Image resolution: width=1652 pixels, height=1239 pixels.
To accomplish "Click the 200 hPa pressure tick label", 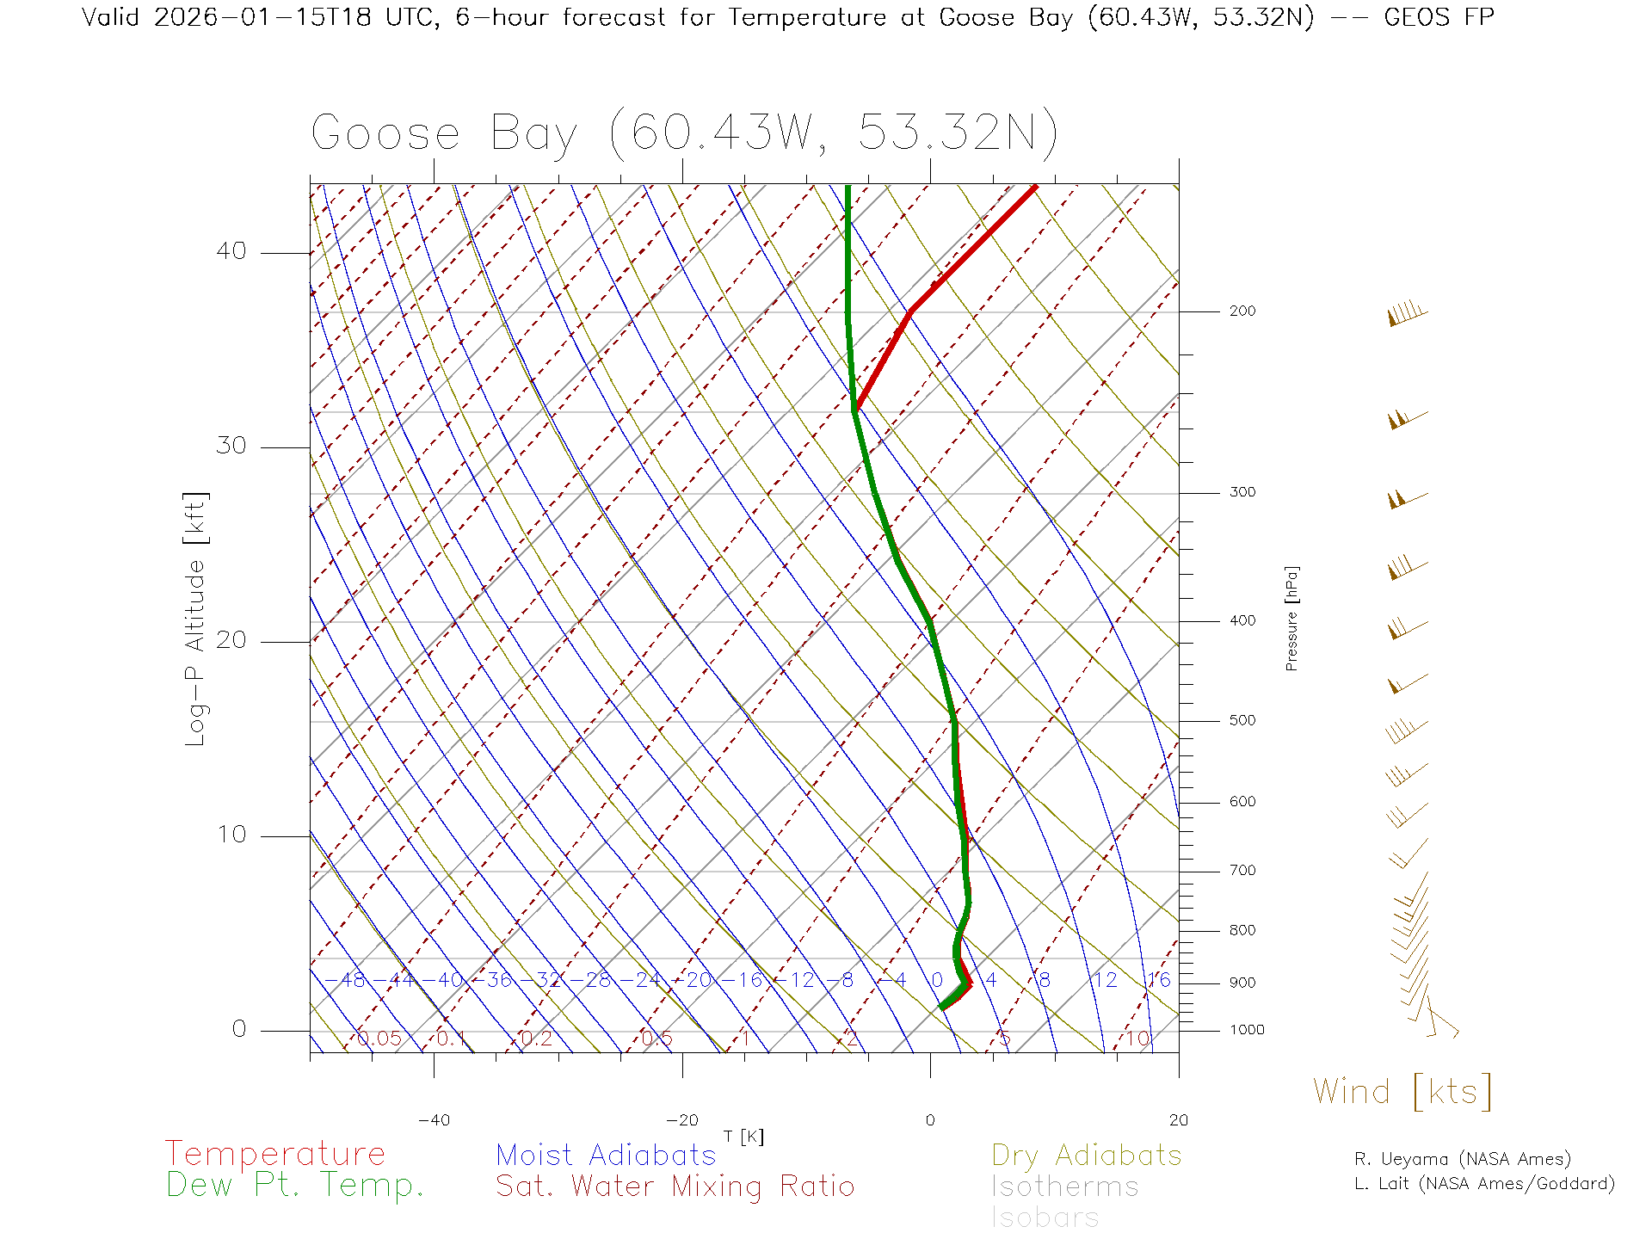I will (1242, 311).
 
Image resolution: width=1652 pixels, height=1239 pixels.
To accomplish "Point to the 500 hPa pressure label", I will (1242, 721).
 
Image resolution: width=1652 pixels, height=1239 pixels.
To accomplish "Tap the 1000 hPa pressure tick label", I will (1246, 1031).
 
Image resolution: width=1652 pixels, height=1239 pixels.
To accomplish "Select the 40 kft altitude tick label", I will (231, 251).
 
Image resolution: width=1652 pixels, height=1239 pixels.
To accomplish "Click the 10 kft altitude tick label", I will (231, 835).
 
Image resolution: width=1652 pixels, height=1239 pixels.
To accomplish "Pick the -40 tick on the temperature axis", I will (434, 1120).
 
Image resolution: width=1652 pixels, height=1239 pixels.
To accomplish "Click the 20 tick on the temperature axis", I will (1178, 1120).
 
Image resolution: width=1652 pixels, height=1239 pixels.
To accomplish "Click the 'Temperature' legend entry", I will (275, 1154).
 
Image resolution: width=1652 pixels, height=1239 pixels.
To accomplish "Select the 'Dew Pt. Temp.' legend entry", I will (295, 1186).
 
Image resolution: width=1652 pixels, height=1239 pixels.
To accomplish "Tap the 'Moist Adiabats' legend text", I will (607, 1156).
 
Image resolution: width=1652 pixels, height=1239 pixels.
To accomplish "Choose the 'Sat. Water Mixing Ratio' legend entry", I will (675, 1187).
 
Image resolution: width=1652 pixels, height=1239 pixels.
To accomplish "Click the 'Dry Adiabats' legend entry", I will (1087, 1156).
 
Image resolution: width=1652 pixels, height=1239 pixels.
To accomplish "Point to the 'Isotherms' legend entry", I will (1065, 1187).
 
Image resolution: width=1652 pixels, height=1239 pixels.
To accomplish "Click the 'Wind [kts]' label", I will (1402, 1092).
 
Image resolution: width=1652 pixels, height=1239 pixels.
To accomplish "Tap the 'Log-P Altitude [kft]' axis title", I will (196, 619).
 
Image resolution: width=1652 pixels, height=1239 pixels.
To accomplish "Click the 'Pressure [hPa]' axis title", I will (1291, 618).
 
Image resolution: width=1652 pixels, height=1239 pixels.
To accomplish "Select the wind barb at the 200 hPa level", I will (1407, 314).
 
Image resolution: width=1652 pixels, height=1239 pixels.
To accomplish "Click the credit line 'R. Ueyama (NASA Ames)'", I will (1463, 1160).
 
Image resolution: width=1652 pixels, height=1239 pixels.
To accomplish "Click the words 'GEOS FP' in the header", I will (1439, 17).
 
